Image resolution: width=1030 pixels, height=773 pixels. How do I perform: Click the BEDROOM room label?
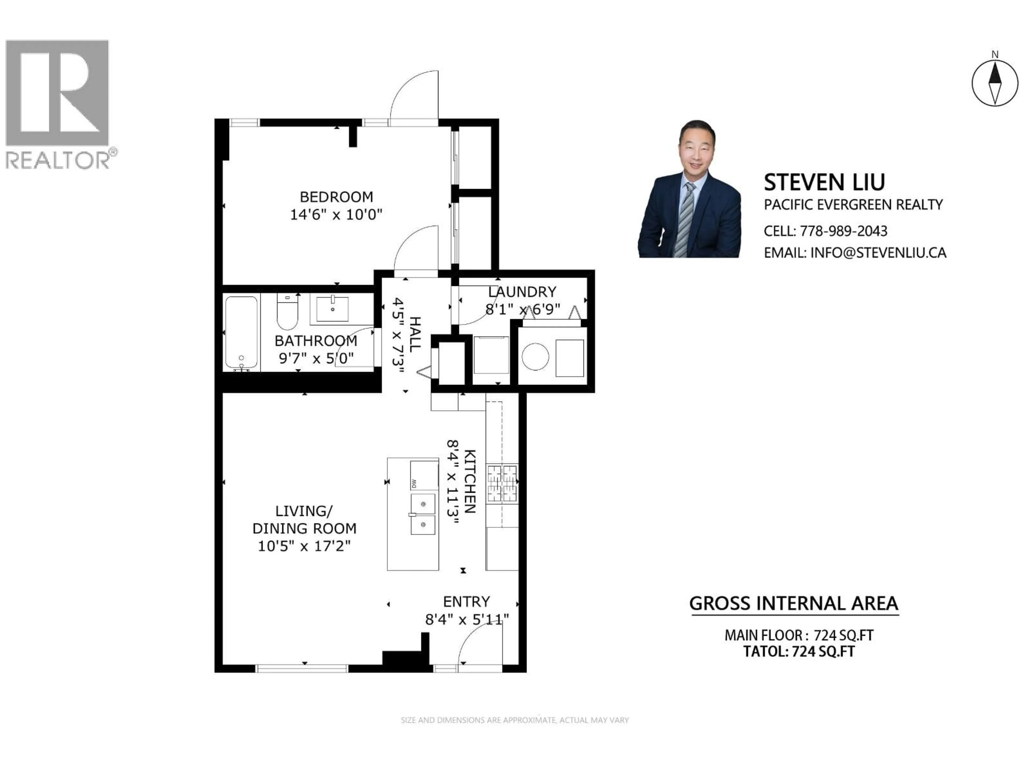tap(336, 197)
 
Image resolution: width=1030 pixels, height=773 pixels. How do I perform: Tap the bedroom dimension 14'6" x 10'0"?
tap(336, 215)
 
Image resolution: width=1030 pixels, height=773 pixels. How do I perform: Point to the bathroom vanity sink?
tap(332, 308)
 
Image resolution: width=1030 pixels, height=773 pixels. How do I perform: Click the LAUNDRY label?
tap(522, 292)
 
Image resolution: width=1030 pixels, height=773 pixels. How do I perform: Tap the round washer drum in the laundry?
tap(535, 357)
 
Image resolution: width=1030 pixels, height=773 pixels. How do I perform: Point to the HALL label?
tap(414, 334)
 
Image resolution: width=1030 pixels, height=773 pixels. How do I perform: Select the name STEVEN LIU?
tap(824, 182)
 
